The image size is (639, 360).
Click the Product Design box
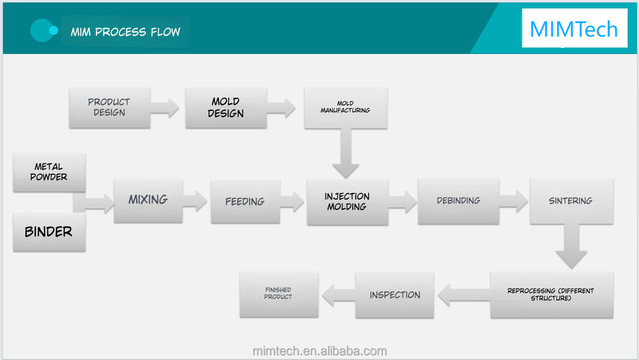pyautogui.click(x=110, y=108)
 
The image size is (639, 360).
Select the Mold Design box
pyautogui.click(x=226, y=108)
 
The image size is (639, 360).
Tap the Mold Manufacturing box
pyautogui.click(x=345, y=108)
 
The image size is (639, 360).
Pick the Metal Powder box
pyautogui.click(x=49, y=172)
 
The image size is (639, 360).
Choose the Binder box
pyautogui.click(x=49, y=232)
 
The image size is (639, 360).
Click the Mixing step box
pyautogui.click(x=148, y=201)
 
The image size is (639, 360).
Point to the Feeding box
pyautogui.click(x=246, y=202)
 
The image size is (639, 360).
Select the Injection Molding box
pyautogui.click(x=347, y=202)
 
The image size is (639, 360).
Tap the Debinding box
pyautogui.click(x=459, y=201)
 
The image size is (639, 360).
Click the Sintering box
pyautogui.click(x=571, y=201)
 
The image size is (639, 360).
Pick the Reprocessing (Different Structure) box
pyautogui.click(x=552, y=295)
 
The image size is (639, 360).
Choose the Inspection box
pyautogui.click(x=395, y=295)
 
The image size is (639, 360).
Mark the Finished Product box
pyautogui.click(x=279, y=294)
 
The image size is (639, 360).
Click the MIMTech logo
pyautogui.click(x=574, y=29)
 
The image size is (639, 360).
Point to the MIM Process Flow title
pyautogui.click(x=126, y=32)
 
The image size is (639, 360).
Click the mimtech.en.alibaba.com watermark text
pyautogui.click(x=320, y=351)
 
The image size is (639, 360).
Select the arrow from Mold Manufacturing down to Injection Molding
pyautogui.click(x=345, y=154)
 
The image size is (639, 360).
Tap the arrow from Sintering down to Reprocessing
pyautogui.click(x=571, y=246)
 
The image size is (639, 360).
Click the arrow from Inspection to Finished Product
pyautogui.click(x=339, y=295)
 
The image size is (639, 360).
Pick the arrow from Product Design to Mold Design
pyautogui.click(x=165, y=108)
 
